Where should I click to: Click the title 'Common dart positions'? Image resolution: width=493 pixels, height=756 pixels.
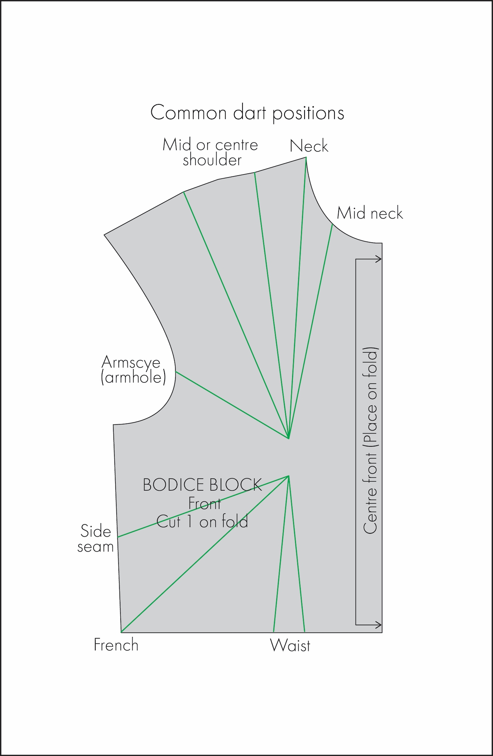[x=247, y=113]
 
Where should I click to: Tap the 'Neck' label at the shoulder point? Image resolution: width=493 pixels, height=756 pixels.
[x=309, y=146]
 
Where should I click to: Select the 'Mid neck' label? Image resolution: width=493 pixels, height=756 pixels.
[x=370, y=214]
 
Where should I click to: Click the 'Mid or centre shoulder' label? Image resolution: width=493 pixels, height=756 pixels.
[x=210, y=152]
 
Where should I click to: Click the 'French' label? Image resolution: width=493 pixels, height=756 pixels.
[x=116, y=645]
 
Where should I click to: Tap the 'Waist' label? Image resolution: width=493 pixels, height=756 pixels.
[x=290, y=646]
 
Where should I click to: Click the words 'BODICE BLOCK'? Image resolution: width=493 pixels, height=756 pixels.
[x=202, y=485]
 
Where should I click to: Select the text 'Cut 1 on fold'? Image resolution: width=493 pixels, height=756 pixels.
[x=202, y=522]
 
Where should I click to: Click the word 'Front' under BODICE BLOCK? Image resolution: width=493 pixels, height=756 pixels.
[x=204, y=503]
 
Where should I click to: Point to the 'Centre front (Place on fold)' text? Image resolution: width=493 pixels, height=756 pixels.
[x=370, y=440]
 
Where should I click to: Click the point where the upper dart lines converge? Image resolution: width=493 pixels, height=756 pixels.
[x=289, y=438]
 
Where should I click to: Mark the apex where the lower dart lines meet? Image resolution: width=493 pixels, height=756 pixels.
[x=289, y=476]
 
